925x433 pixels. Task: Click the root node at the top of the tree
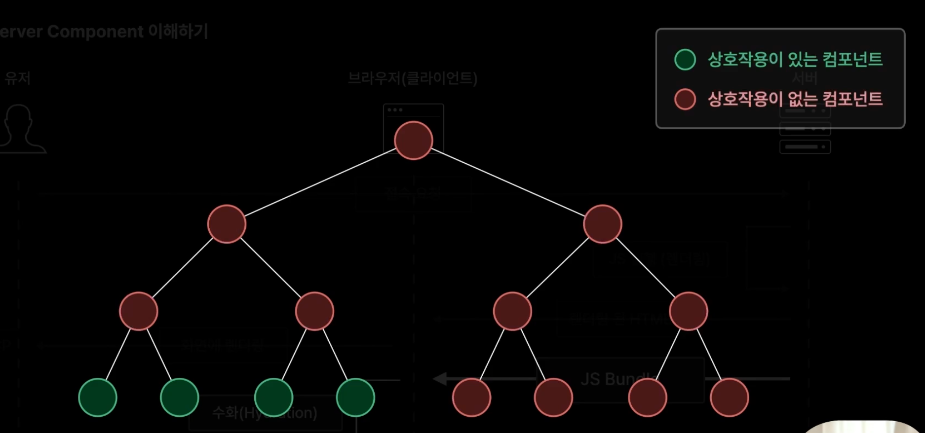click(x=414, y=141)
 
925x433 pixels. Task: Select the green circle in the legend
click(x=685, y=60)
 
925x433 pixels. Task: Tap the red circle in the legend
click(x=685, y=99)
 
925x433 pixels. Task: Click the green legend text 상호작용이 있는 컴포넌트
click(x=795, y=60)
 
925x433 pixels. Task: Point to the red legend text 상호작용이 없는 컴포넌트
click(x=795, y=99)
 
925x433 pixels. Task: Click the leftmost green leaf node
click(x=98, y=397)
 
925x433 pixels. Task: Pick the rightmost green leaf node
click(x=355, y=397)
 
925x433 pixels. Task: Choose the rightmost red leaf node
click(x=730, y=397)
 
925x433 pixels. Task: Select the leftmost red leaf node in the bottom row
click(x=472, y=397)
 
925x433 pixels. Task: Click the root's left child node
click(x=227, y=224)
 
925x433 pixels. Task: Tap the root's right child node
click(x=603, y=224)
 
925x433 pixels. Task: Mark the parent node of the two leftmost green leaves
click(x=139, y=311)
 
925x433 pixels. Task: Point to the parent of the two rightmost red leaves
click(x=689, y=311)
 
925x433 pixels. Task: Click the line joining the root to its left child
click(x=320, y=182)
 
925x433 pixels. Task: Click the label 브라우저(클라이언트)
click(x=413, y=78)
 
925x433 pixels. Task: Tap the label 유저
click(x=18, y=78)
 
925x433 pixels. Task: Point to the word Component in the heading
click(x=95, y=32)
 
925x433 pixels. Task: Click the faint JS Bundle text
click(x=617, y=379)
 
